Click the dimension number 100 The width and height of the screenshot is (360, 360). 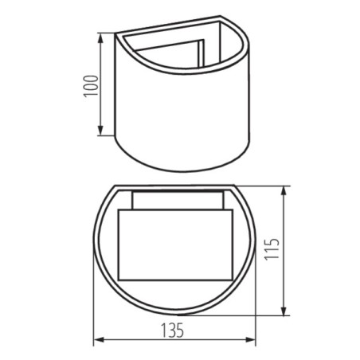click(90, 85)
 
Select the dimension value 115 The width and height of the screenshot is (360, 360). click(272, 251)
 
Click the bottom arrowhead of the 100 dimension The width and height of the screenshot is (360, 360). click(101, 132)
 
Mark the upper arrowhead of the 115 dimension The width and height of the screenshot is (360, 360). click(285, 190)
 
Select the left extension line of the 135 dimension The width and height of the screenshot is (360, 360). click(94, 319)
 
